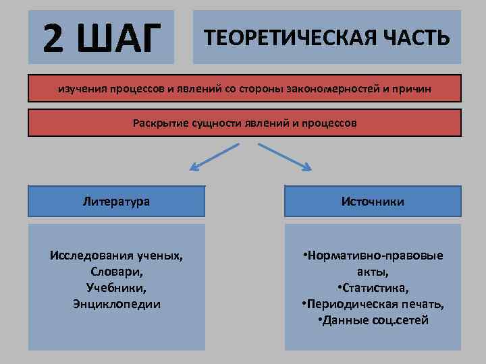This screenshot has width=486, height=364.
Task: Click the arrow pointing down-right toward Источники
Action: pos(285,156)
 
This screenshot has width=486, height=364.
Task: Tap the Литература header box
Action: pos(116,201)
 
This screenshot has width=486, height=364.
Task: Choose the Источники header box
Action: pos(373,201)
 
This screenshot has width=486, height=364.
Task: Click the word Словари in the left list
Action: pos(116,272)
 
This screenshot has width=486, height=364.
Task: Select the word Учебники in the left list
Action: pos(116,288)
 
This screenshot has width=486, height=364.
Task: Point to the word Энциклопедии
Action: pos(117,304)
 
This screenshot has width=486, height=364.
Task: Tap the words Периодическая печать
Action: pos(376,304)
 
